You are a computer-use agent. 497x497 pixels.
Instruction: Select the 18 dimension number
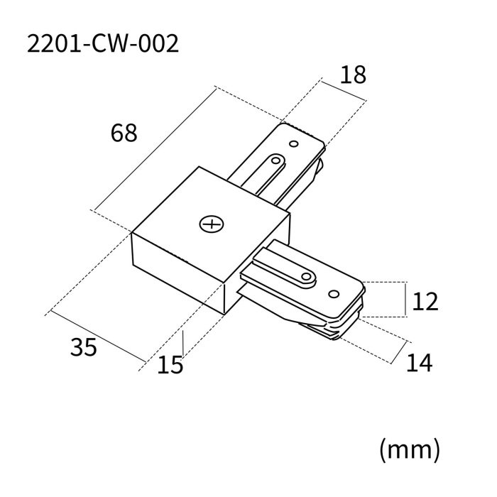[x=353, y=75]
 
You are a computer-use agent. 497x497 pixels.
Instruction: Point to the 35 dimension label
[x=84, y=347]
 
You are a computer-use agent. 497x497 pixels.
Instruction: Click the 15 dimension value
[x=170, y=364]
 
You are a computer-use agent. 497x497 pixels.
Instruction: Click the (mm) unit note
[x=410, y=449]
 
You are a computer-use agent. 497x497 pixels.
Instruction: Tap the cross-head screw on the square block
[x=211, y=225]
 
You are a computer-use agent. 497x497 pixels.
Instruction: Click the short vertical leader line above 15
[x=183, y=344]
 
